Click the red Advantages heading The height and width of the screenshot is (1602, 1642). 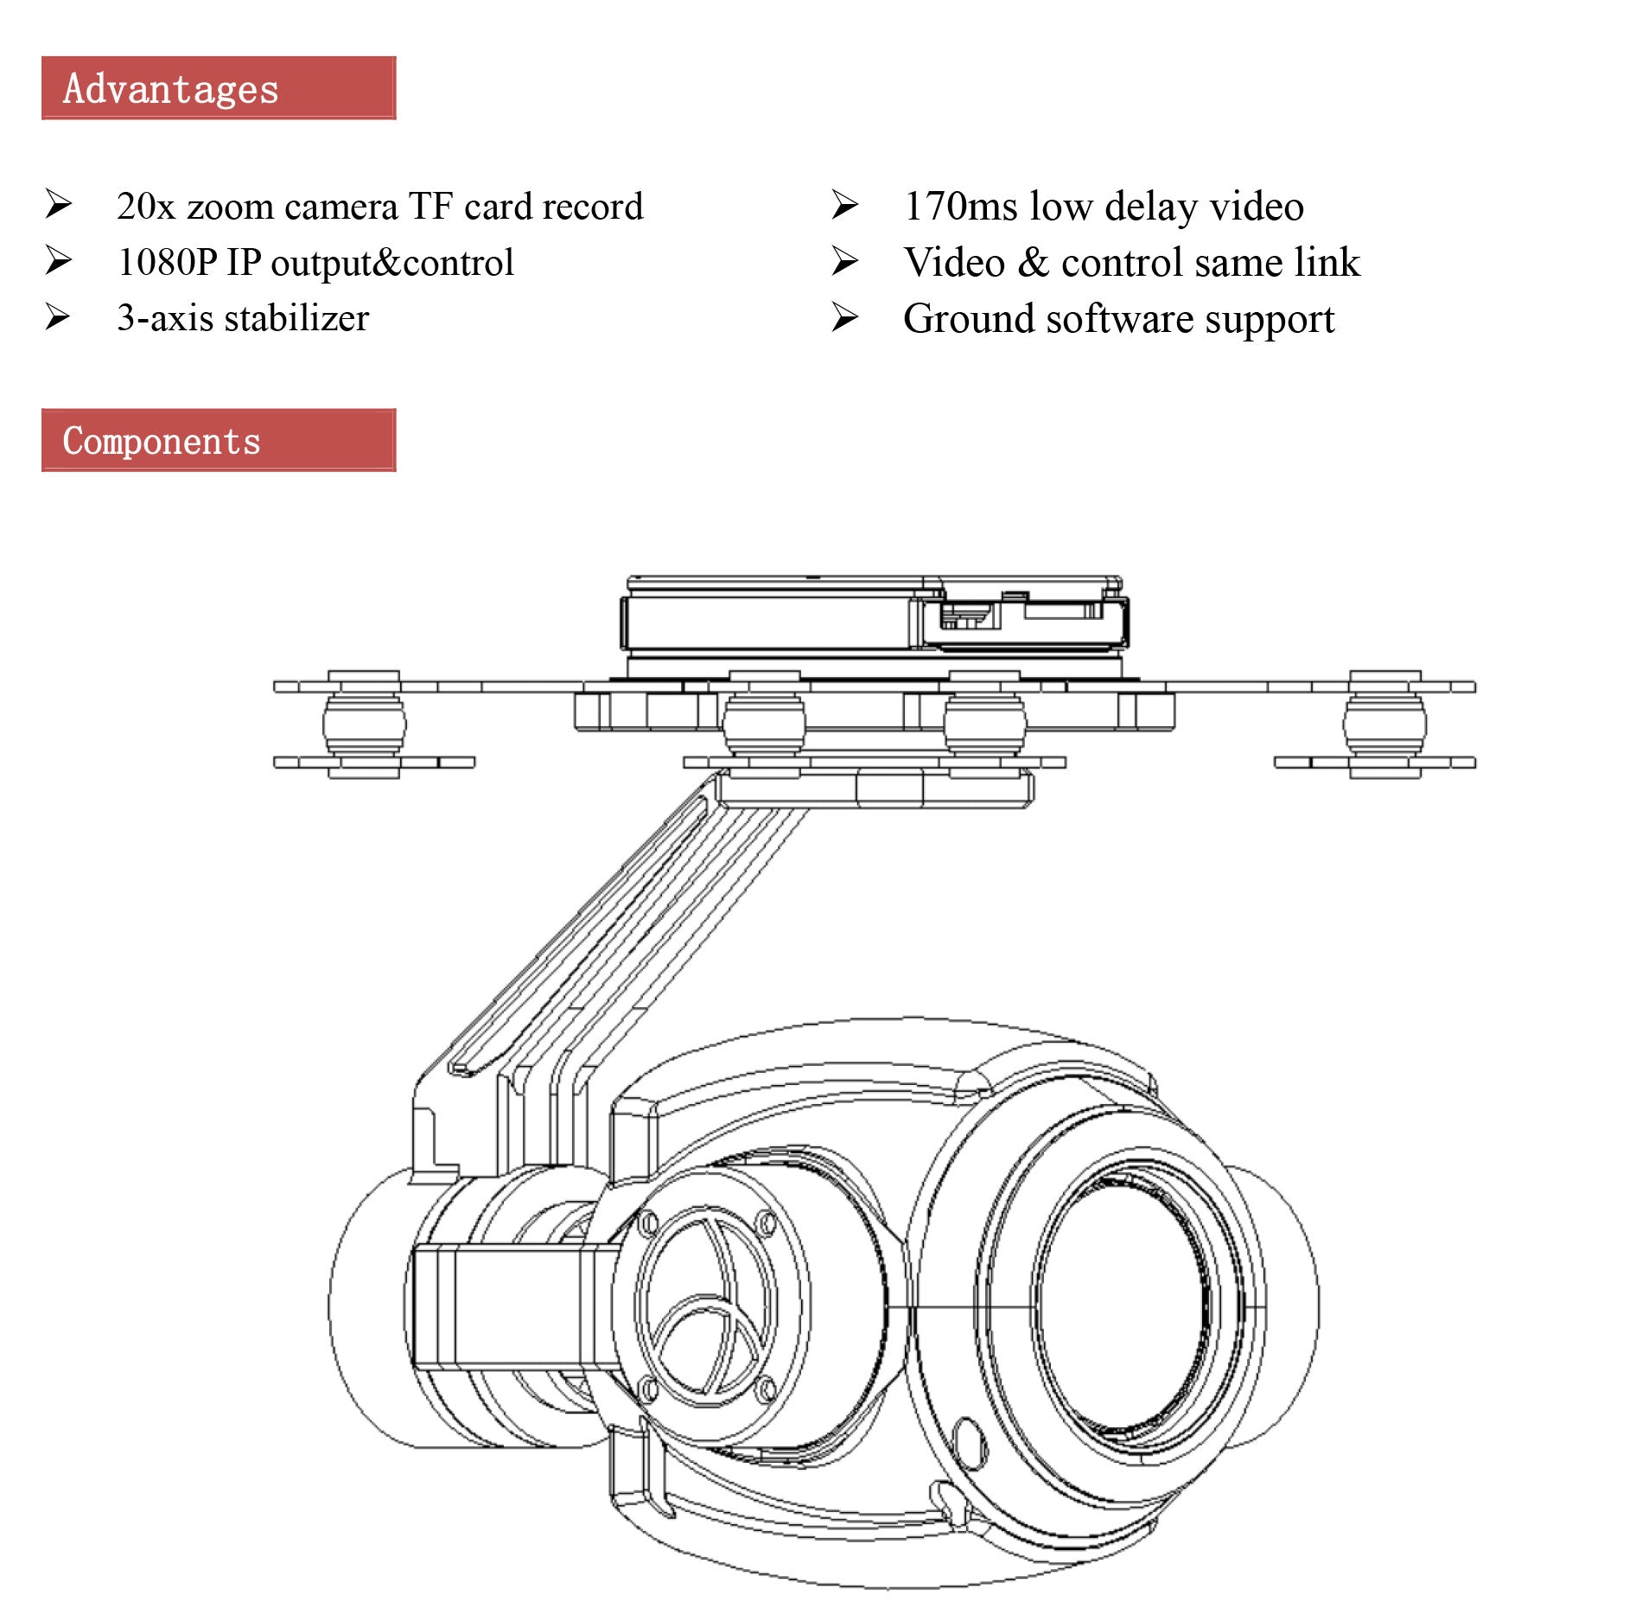click(x=218, y=88)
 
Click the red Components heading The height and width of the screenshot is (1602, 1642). click(x=218, y=440)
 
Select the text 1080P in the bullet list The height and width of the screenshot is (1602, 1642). click(x=167, y=263)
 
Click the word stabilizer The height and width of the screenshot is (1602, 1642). click(x=296, y=318)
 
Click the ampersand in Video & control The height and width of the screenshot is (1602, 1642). click(x=1034, y=263)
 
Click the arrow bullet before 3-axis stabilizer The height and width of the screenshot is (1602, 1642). click(x=58, y=317)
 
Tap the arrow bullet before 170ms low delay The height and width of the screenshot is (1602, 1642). click(x=844, y=206)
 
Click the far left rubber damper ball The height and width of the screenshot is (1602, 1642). click(x=364, y=724)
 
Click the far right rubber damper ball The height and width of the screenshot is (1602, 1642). click(x=1384, y=724)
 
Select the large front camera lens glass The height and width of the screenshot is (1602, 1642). click(x=1123, y=1305)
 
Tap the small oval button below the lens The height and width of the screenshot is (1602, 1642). click(x=969, y=1443)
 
